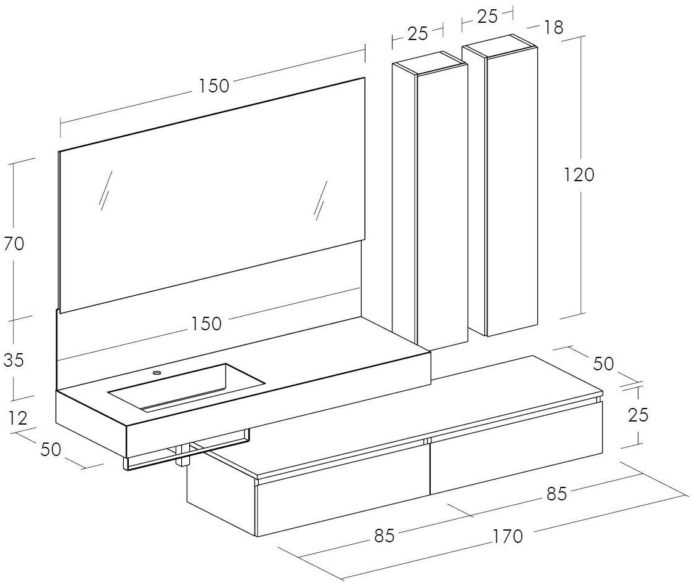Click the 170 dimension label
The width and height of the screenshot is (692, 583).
tap(508, 536)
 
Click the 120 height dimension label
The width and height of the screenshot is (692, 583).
tap(579, 175)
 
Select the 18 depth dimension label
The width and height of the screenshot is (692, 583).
tap(553, 27)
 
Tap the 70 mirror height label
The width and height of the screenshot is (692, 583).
tap(14, 243)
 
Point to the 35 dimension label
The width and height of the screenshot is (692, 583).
tap(14, 360)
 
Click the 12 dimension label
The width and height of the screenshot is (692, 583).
tap(18, 417)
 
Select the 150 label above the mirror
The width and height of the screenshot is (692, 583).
tap(214, 86)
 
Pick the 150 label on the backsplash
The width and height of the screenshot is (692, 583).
tap(206, 324)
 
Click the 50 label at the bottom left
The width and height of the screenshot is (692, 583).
tap(51, 449)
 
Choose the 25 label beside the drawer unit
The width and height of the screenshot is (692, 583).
tap(638, 415)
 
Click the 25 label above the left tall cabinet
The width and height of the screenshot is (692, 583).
tap(418, 33)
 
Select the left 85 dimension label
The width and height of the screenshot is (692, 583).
tap(384, 536)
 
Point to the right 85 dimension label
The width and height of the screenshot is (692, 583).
tap(556, 494)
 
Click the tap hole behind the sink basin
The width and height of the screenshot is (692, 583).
tap(157, 373)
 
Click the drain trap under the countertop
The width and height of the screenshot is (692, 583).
tap(183, 455)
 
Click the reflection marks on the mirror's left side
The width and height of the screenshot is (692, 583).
tap(104, 189)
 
